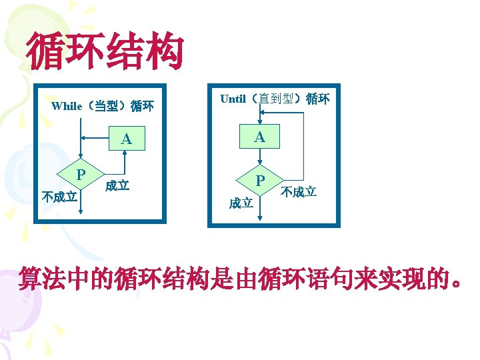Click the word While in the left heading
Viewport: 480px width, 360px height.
(67, 105)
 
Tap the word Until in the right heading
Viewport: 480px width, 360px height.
(233, 99)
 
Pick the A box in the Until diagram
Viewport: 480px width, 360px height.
(260, 137)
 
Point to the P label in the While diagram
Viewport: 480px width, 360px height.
(80, 174)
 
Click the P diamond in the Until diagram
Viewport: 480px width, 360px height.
(261, 181)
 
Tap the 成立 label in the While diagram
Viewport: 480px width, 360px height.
(117, 186)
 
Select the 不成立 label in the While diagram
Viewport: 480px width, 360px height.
(60, 197)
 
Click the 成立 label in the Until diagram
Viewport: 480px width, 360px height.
(241, 203)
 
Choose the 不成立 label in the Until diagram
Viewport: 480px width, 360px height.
(299, 193)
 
